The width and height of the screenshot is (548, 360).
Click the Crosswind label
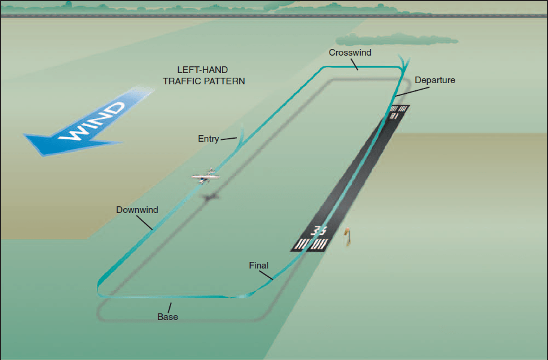350,53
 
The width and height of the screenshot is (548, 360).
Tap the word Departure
435,80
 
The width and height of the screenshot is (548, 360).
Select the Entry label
208,139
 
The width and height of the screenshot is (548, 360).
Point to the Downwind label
137,210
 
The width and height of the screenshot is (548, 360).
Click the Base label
168,317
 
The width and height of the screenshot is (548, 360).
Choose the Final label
258,266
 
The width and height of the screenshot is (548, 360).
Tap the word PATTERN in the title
225,81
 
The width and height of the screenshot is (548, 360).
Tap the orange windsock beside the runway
346,235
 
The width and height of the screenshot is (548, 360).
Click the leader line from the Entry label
229,140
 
